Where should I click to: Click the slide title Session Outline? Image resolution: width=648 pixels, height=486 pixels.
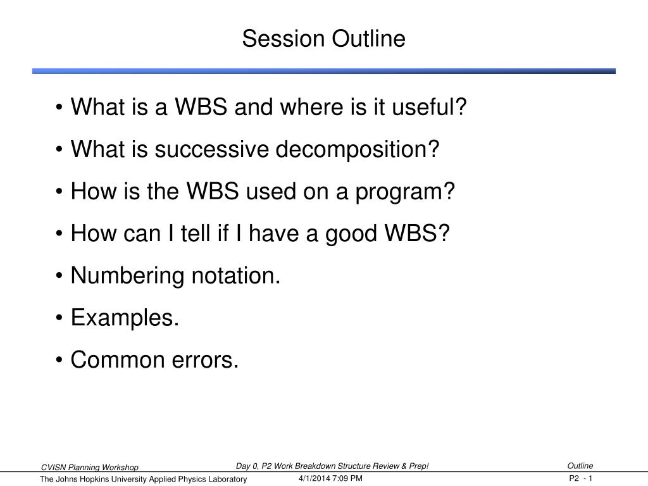(x=323, y=39)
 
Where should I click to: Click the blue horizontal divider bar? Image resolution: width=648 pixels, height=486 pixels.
(x=323, y=71)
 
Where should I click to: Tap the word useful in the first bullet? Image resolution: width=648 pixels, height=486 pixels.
(x=429, y=106)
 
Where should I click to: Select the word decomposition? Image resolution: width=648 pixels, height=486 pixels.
(x=357, y=149)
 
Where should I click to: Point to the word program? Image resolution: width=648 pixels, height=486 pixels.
(x=405, y=192)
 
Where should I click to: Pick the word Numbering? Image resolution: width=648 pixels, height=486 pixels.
(x=127, y=276)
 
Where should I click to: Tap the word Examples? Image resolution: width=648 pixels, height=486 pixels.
(x=125, y=318)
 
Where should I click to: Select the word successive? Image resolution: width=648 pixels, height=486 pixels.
(x=211, y=149)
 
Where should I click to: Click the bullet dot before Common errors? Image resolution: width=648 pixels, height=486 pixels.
(x=59, y=360)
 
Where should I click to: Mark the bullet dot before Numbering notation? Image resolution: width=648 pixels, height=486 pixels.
(x=59, y=276)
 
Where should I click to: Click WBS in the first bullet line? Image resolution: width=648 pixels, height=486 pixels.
(x=201, y=106)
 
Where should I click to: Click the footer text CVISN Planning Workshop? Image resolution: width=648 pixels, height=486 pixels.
(x=90, y=468)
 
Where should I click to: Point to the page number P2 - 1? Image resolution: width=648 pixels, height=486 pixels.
(x=581, y=478)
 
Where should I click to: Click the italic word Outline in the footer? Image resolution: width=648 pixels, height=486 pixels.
(x=580, y=466)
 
